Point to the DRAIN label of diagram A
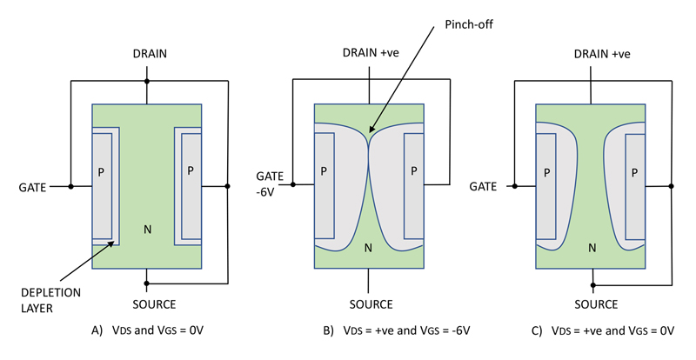point(147,54)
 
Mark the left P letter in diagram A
point(103,170)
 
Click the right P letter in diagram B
point(414,170)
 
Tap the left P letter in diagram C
point(546,171)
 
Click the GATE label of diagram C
point(484,186)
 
